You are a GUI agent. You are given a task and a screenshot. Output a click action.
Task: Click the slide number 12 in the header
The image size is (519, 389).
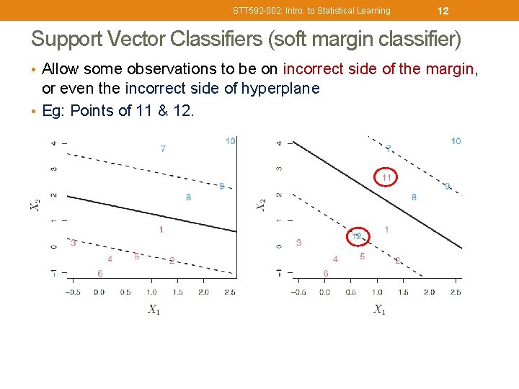tap(443, 10)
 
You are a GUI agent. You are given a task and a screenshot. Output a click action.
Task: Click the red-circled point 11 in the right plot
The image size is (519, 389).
tap(386, 177)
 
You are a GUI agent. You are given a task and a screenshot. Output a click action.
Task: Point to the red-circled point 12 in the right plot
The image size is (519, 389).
tap(357, 236)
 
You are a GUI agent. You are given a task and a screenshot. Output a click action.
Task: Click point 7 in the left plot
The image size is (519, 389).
tap(163, 148)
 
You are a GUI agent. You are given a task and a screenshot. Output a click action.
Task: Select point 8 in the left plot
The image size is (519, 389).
tap(188, 197)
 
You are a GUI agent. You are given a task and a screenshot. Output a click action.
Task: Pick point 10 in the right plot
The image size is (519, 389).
tap(456, 141)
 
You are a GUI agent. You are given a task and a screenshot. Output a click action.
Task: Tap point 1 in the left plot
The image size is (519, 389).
tap(161, 229)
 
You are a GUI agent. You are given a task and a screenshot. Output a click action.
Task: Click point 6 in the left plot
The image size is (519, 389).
tap(99, 273)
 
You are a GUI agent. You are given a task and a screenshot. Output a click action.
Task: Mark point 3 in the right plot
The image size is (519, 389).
tap(298, 243)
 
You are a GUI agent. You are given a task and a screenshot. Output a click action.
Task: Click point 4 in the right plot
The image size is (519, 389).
tap(335, 259)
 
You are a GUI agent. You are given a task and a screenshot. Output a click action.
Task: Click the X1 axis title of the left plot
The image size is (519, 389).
tap(154, 309)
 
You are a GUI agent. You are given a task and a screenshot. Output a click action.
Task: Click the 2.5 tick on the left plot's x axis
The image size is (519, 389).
tap(229, 292)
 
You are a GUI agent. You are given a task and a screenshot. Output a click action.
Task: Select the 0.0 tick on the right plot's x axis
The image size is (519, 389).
tap(324, 292)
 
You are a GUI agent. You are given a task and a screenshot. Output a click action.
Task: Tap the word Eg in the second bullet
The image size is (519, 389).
tap(51, 110)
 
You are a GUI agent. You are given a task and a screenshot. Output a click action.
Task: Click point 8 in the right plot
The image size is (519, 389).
tap(414, 197)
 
